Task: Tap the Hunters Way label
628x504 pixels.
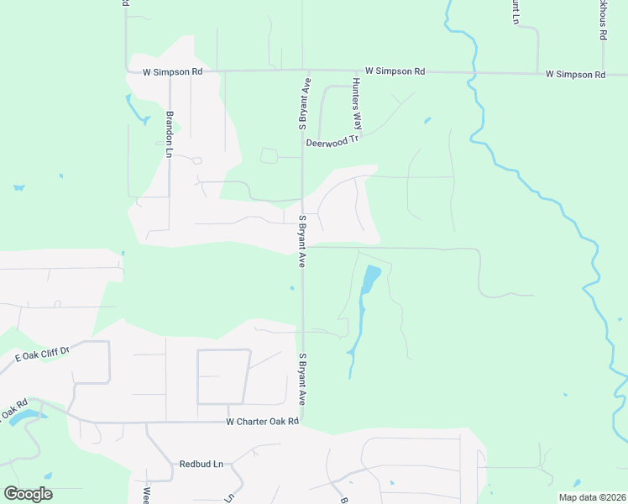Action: tap(356, 102)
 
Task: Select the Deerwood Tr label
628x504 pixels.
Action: tap(332, 142)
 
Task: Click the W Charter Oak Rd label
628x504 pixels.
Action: tap(263, 422)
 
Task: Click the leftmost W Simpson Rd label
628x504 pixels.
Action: tap(173, 72)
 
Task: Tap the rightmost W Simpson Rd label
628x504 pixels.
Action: tap(575, 75)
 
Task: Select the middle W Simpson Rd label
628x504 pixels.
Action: tap(395, 72)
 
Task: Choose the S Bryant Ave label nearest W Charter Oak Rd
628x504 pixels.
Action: tap(301, 381)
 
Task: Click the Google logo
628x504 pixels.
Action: tap(28, 494)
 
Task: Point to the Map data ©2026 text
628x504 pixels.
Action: tap(591, 497)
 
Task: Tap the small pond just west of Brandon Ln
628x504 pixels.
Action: tap(132, 107)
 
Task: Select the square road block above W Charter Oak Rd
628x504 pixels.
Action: tap(223, 376)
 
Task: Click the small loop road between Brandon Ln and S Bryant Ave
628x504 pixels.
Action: tap(269, 155)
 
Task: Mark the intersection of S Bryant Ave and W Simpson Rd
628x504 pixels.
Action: tap(310, 71)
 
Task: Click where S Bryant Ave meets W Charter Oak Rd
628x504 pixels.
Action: tap(302, 422)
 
